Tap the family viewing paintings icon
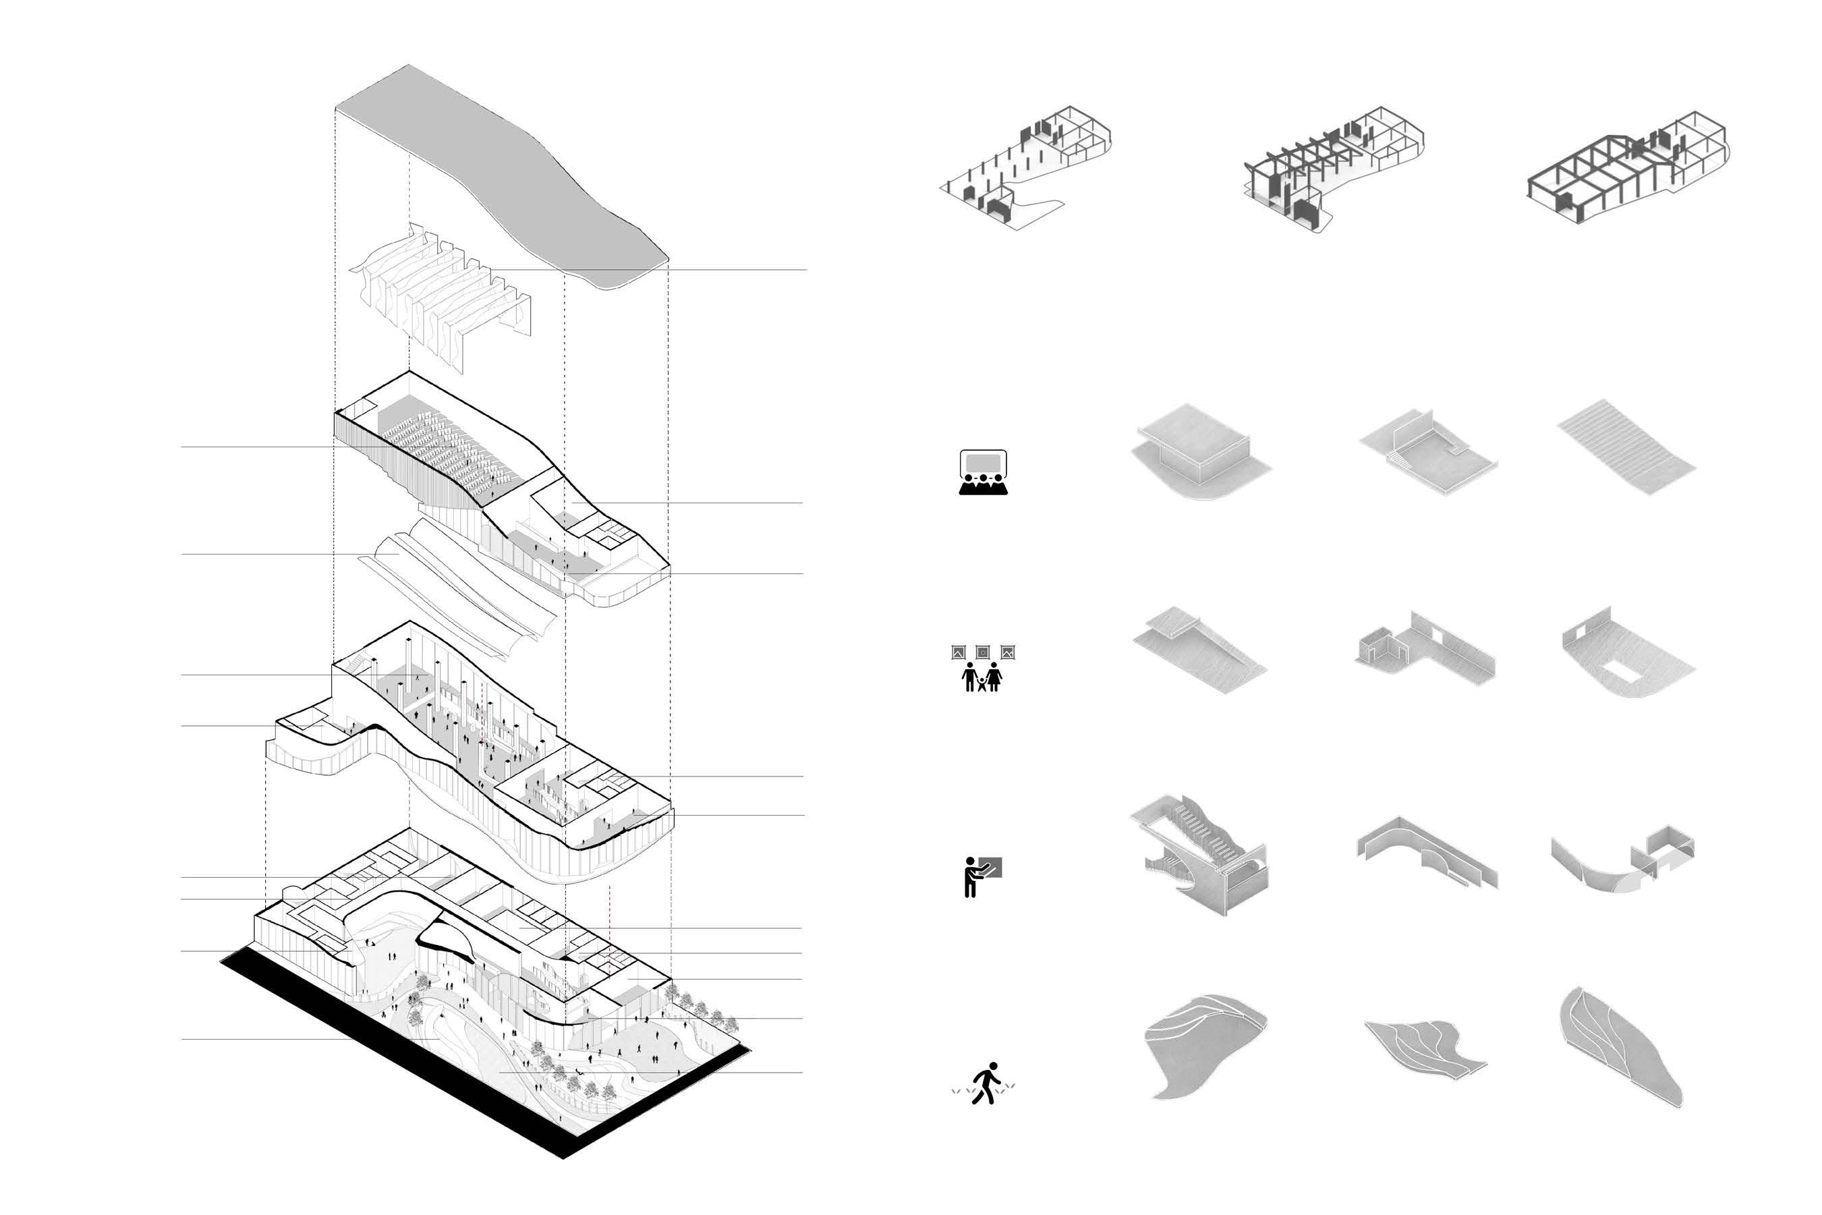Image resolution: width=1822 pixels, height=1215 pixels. [x=982, y=667]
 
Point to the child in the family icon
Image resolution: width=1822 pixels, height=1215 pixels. [x=982, y=683]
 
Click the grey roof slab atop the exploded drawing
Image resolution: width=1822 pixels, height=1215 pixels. [x=496, y=171]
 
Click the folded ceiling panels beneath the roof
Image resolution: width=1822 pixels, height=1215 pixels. [x=442, y=294]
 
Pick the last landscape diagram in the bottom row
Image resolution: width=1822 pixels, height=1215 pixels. [x=1619, y=1046]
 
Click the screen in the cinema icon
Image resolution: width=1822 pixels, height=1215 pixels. [x=983, y=463]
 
